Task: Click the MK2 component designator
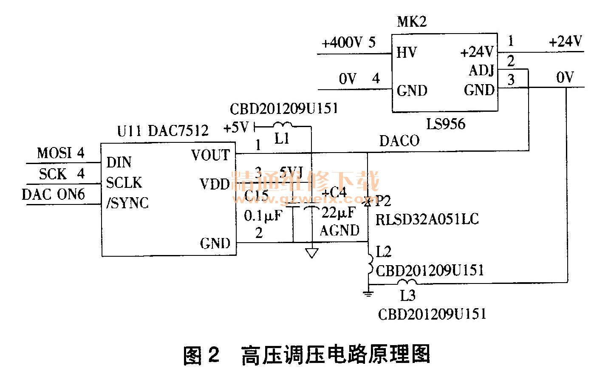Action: [x=411, y=22]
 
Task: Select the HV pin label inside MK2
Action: [x=406, y=53]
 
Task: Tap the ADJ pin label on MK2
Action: [x=481, y=70]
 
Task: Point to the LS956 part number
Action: [x=446, y=124]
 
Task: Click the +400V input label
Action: [x=342, y=43]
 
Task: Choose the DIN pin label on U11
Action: [x=119, y=162]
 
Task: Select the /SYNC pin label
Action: [x=127, y=203]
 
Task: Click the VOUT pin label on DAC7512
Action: [x=210, y=155]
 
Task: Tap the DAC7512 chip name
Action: [x=178, y=130]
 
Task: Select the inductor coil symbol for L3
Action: [x=406, y=283]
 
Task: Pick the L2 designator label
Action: [x=383, y=252]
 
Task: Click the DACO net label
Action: [x=399, y=141]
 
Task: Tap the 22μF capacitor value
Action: [x=339, y=212]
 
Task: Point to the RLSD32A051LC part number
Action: [x=427, y=219]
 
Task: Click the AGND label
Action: [x=339, y=230]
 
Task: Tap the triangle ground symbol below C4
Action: [x=311, y=254]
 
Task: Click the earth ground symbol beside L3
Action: [x=368, y=293]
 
